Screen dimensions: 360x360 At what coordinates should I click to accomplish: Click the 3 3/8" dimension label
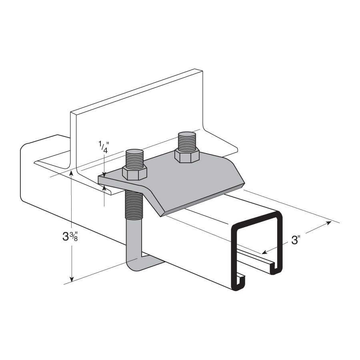(x=70, y=236)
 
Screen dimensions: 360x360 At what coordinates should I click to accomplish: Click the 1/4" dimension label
(x=104, y=147)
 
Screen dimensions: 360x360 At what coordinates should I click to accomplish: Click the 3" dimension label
(x=296, y=240)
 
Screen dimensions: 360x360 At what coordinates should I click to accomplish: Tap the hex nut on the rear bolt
(x=186, y=156)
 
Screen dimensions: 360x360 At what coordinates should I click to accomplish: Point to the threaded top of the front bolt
(x=134, y=158)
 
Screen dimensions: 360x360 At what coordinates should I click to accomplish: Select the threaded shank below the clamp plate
(x=134, y=205)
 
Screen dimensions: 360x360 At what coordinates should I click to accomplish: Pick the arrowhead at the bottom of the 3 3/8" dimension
(x=72, y=279)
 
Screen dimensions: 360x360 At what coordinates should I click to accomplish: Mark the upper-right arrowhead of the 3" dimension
(x=329, y=222)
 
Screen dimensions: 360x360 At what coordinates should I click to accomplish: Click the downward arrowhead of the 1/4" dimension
(x=104, y=174)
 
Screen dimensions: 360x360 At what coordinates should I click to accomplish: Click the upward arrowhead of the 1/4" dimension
(x=104, y=188)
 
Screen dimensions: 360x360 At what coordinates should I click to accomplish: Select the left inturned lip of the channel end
(x=240, y=281)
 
